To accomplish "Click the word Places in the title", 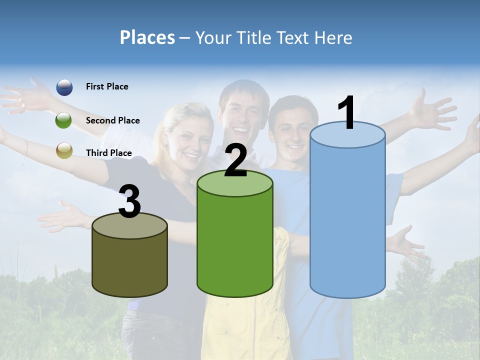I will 147,37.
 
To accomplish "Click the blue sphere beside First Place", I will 64,87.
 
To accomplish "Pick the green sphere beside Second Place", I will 64,120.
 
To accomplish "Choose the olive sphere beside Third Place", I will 64,150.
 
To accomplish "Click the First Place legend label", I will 107,86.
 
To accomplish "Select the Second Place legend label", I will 112,120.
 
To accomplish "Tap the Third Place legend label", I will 108,153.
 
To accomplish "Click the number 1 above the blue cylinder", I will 346,113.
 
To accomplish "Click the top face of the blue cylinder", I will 347,135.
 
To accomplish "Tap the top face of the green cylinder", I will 235,184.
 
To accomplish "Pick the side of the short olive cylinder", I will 130,265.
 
